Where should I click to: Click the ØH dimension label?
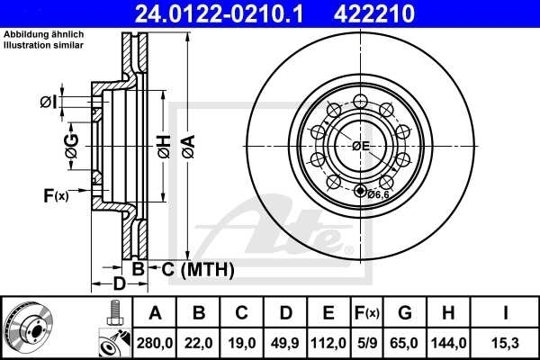[x=163, y=145]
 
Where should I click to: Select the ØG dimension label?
[x=71, y=146]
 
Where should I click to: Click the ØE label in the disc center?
[x=361, y=146]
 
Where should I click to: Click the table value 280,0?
[x=155, y=342]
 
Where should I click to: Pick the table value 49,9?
[x=285, y=342]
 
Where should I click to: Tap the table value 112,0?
[x=328, y=342]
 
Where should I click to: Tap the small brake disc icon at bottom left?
[x=30, y=326]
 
